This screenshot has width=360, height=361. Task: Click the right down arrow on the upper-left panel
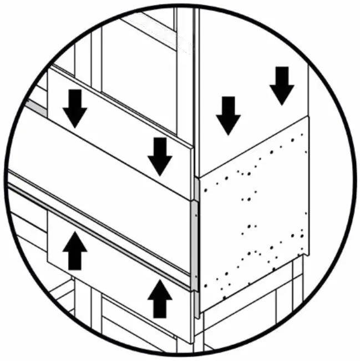point(160,156)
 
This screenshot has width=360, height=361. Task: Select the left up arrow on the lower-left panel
point(74,251)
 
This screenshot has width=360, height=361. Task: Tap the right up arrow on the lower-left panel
point(160,299)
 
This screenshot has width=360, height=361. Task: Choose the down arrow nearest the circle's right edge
point(282,85)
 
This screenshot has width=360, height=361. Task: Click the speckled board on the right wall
point(252,222)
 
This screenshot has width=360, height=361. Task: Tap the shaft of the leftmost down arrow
point(74,99)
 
